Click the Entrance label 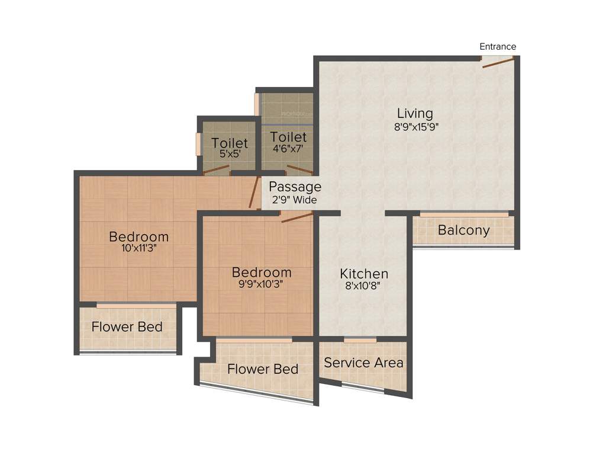click(x=497, y=47)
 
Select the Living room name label click(x=415, y=113)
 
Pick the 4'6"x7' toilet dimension click(x=289, y=149)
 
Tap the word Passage click(x=295, y=187)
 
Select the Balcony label click(x=464, y=230)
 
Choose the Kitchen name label click(x=364, y=274)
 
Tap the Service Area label click(x=363, y=363)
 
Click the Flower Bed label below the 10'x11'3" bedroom click(x=127, y=327)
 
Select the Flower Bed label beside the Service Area click(x=263, y=369)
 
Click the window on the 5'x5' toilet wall click(x=198, y=143)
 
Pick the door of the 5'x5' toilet click(x=215, y=171)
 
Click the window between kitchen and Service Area click(x=360, y=340)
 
